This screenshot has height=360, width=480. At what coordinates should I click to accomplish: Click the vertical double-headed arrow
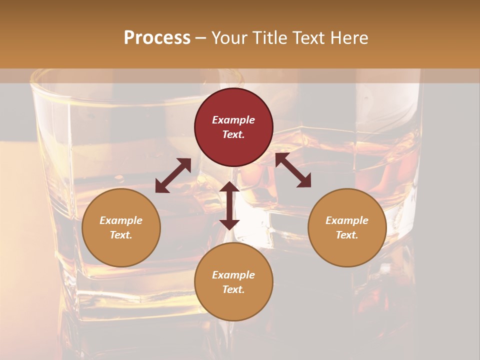click(x=229, y=205)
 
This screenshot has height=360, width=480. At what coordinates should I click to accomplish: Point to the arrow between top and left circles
click(x=173, y=175)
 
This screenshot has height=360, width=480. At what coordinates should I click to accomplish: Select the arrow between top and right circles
click(x=293, y=170)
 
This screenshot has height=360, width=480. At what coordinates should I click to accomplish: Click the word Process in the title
click(x=157, y=37)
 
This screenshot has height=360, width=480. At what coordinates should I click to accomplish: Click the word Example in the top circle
click(x=233, y=120)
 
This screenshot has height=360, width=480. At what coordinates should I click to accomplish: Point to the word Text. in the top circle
click(x=233, y=134)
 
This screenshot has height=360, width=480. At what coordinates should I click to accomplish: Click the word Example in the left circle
click(x=121, y=220)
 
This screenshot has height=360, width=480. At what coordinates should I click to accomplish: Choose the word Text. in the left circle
click(x=121, y=235)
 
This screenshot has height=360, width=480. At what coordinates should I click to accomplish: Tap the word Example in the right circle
click(x=347, y=220)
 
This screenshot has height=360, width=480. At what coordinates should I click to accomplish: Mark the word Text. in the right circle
click(x=347, y=235)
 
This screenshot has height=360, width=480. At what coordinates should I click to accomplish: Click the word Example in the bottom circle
click(x=233, y=275)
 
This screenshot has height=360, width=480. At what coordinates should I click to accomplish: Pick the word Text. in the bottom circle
click(x=233, y=289)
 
